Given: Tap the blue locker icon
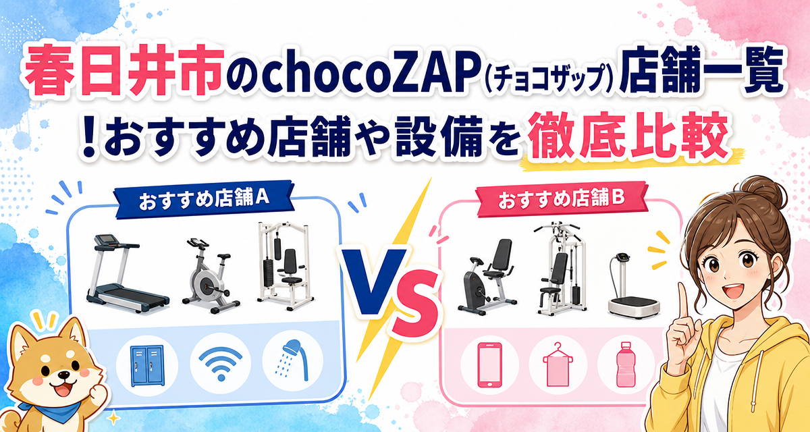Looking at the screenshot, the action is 147,365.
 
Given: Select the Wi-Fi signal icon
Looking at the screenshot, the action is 221,364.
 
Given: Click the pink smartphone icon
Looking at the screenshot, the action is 489,364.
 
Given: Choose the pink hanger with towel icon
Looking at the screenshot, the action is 558,364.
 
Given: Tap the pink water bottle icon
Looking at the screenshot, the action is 626,364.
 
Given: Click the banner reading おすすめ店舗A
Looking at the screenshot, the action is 204,200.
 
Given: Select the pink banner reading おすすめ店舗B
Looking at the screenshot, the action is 562,200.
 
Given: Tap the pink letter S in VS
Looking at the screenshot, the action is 416,304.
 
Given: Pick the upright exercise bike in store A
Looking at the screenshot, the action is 211,277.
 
